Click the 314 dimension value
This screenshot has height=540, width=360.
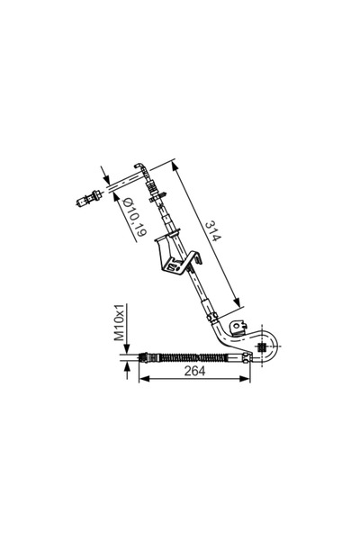pyautogui.click(x=213, y=231)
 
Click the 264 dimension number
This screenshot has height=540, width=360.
pyautogui.click(x=194, y=371)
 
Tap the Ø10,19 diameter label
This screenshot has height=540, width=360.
pyautogui.click(x=134, y=217)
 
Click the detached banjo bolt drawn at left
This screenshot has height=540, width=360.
pyautogui.click(x=88, y=199)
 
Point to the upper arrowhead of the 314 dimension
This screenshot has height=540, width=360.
pyautogui.click(x=175, y=167)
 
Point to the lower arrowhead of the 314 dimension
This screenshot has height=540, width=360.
pyautogui.click(x=237, y=302)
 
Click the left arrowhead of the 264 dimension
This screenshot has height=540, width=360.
pyautogui.click(x=143, y=379)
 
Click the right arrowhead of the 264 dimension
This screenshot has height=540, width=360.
pyautogui.click(x=245, y=379)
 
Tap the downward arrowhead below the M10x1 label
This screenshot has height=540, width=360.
pyautogui.click(x=127, y=348)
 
